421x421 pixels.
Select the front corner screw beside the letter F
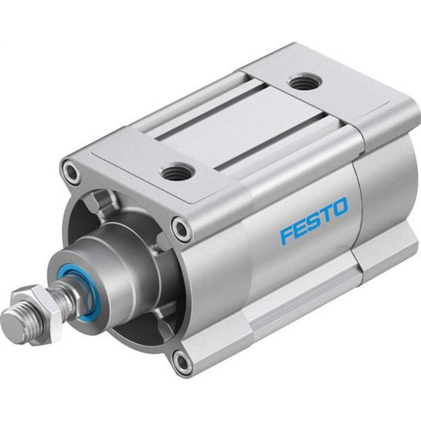click(182, 229)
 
